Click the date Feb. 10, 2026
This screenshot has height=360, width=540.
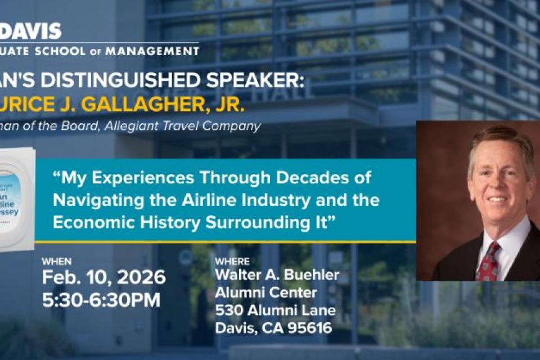coord(104,277)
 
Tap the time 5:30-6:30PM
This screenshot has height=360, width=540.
coord(101,299)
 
